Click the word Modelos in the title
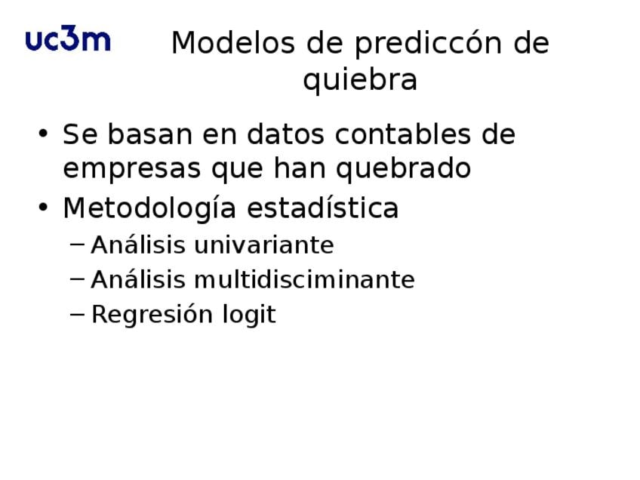tap(233, 43)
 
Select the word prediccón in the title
tap(429, 44)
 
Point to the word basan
tap(149, 134)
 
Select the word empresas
tap(132, 169)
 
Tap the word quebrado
tap(403, 168)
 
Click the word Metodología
tap(149, 208)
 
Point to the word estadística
tap(322, 208)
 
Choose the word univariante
tap(264, 245)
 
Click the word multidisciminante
tap(304, 279)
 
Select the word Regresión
tap(152, 315)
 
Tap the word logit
tap(249, 315)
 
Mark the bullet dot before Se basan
tap(43, 133)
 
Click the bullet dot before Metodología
tap(43, 207)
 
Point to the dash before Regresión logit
tap(78, 314)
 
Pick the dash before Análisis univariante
tap(78, 245)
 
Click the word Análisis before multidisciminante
tap(138, 279)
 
